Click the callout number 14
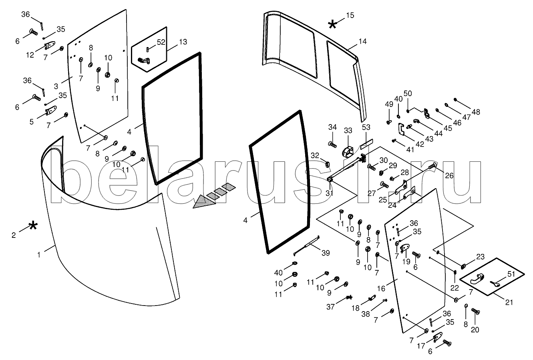point(363,41)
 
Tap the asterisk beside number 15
point(332,24)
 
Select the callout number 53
point(366,128)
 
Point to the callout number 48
point(476,112)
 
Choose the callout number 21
point(509,302)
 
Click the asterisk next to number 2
point(33,226)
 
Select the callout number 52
point(161,42)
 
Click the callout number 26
point(449,175)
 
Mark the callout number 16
point(381,288)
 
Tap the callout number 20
point(476,330)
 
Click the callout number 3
point(56,86)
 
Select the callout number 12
point(30,55)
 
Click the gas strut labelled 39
point(306,245)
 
